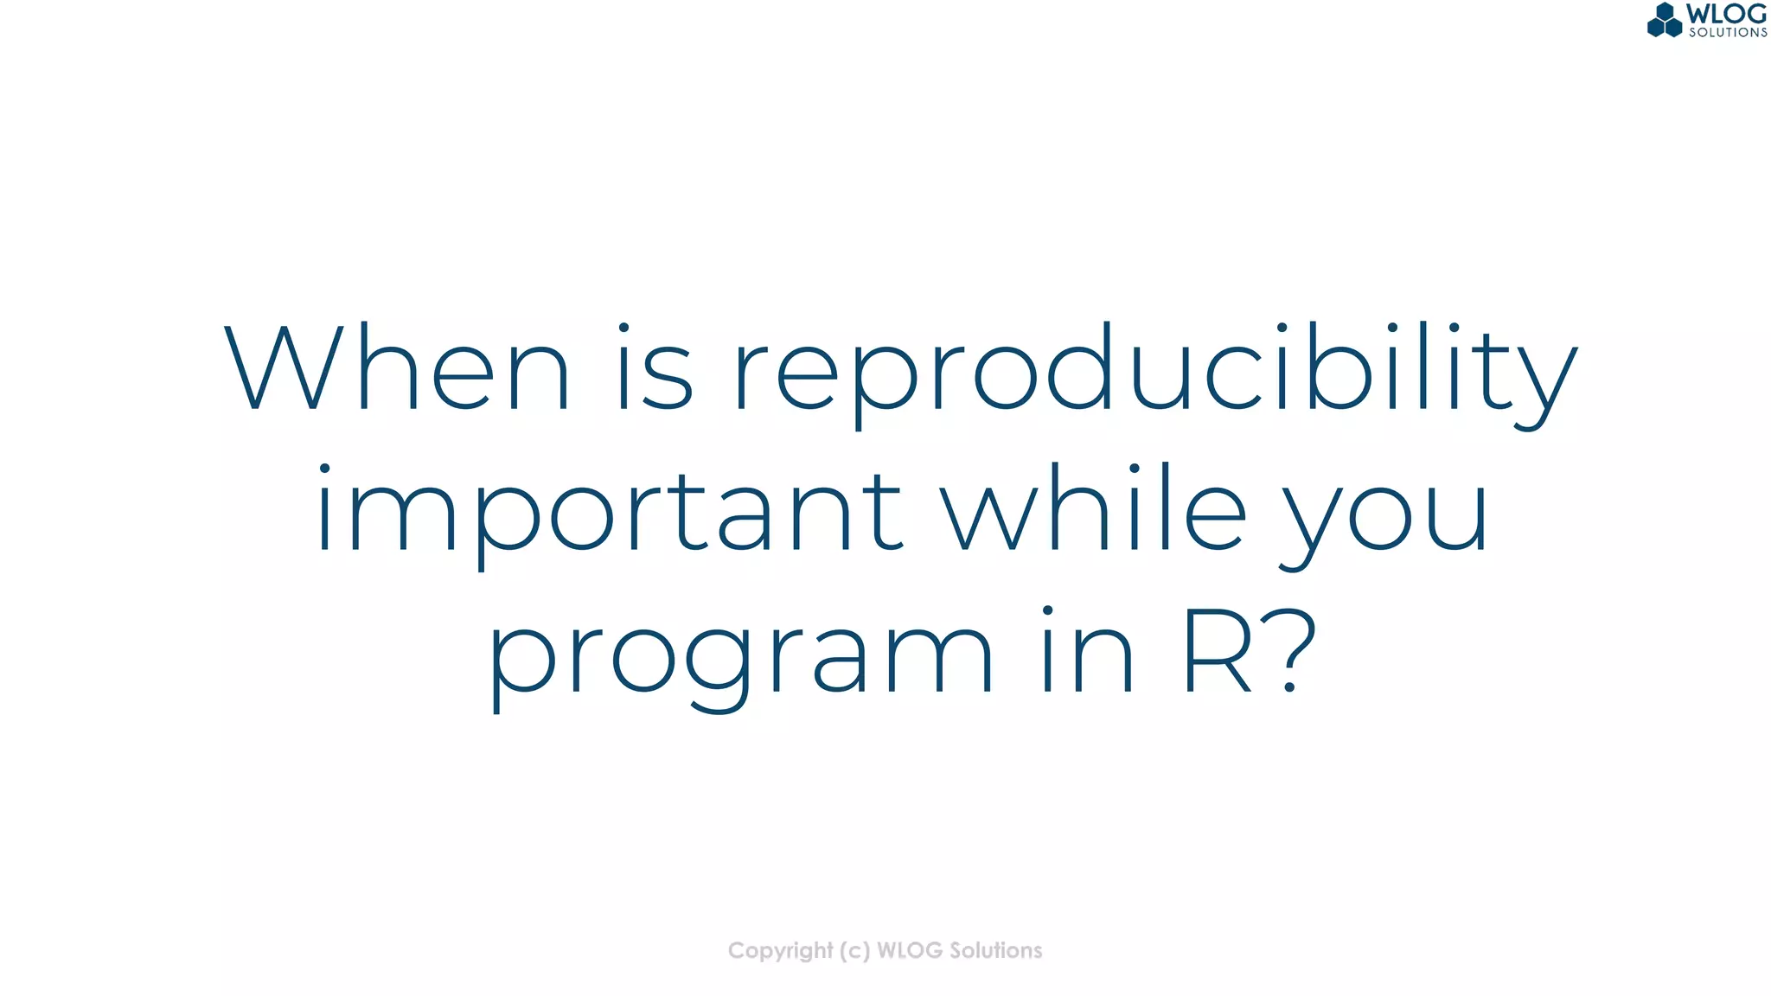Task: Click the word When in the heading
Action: tap(397, 367)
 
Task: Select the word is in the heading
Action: tap(655, 367)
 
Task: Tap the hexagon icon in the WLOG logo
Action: tap(1665, 20)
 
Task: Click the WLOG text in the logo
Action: tap(1726, 14)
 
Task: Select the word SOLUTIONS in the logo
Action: tap(1728, 33)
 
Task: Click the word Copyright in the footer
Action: tap(780, 951)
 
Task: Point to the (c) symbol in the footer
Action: tap(854, 951)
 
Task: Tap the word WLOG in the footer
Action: tap(910, 951)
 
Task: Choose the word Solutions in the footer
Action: tap(996, 951)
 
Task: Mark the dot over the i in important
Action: tap(324, 469)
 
